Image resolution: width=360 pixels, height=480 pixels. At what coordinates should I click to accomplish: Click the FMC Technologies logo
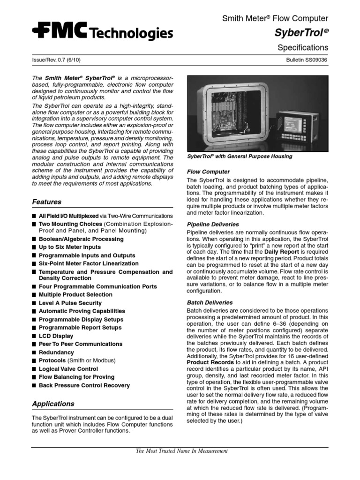[102, 32]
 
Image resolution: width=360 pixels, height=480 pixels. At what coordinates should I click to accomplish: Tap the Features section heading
[46, 202]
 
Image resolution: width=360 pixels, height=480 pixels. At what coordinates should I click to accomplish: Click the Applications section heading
[53, 404]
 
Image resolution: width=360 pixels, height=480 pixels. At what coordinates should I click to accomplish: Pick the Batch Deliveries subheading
[210, 303]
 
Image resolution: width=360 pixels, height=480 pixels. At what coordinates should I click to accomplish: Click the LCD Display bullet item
[56, 336]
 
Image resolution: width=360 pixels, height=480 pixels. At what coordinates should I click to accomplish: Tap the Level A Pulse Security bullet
[70, 303]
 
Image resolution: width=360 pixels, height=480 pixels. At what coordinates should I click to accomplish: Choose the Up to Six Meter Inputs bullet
[69, 247]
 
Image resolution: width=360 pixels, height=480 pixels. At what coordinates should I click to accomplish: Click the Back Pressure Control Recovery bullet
[84, 385]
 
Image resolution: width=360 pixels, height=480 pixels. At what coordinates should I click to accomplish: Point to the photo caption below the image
[239, 157]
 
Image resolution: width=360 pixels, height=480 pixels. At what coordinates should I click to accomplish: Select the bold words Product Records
[210, 362]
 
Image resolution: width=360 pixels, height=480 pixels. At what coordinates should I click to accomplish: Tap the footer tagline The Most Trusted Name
[181, 451]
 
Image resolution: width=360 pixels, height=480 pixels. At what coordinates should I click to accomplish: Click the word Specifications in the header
[303, 48]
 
